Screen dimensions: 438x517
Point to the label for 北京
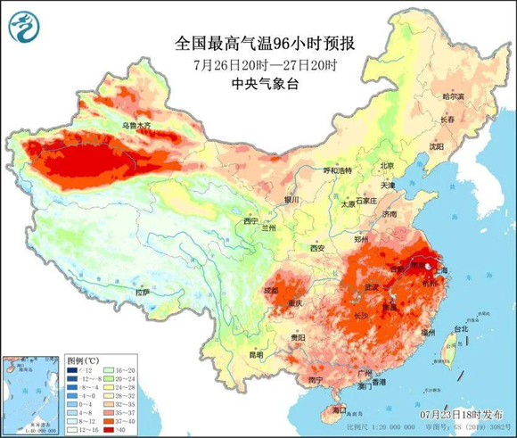coord(387,165)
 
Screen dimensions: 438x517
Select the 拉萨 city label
coord(143,292)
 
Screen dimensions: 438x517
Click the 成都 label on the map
coord(269,290)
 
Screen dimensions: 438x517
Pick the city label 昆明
coord(257,354)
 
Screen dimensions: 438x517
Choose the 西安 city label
coord(317,247)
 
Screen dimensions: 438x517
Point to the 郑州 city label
coord(360,240)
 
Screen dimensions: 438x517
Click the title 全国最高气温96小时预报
coord(258,42)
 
